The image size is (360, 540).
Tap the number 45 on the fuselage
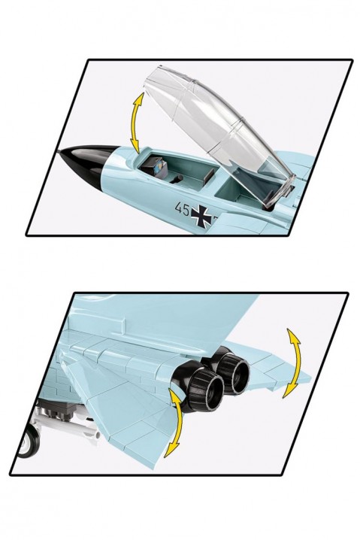pos(182,208)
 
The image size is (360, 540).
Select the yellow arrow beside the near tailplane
pos(176,423)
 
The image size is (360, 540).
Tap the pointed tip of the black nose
pos(60,152)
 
